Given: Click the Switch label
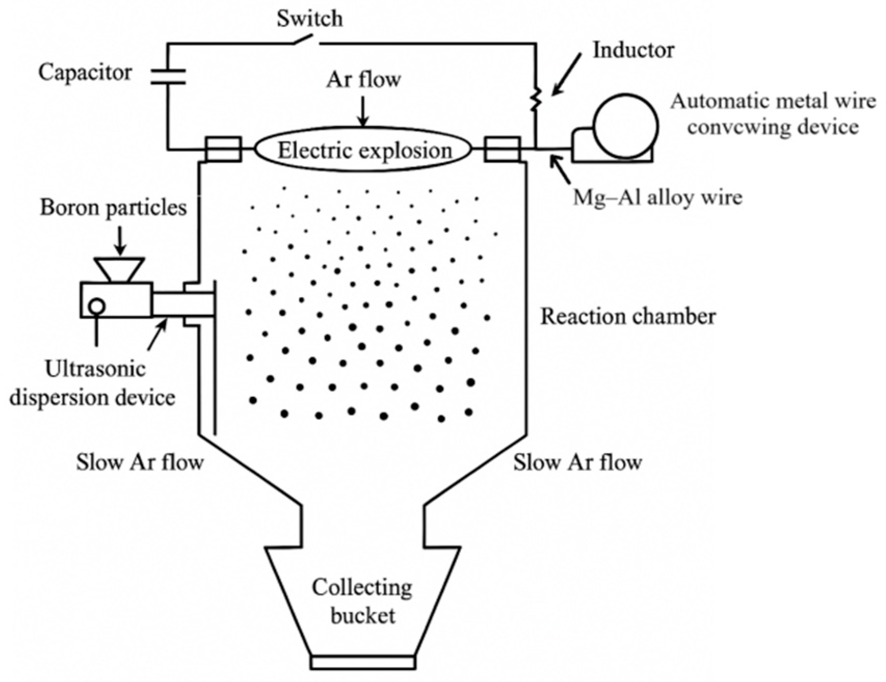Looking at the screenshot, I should tap(310, 19).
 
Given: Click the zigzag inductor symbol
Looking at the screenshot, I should tap(535, 99).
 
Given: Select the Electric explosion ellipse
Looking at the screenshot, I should tap(364, 151).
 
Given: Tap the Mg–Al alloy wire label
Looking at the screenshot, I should tap(657, 197).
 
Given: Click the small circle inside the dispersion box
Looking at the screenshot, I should tap(97, 306).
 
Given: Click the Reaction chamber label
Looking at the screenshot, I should tap(628, 316).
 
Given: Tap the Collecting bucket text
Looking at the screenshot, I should tap(363, 601).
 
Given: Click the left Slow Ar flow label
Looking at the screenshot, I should tap(140, 461).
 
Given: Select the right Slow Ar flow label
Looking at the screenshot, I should tap(578, 461).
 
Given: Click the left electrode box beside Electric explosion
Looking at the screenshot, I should tap(223, 149).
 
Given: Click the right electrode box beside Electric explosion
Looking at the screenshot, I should tap(502, 149).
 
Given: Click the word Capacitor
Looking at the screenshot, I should tap(85, 72).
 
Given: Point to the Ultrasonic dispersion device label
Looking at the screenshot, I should tap(93, 383).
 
